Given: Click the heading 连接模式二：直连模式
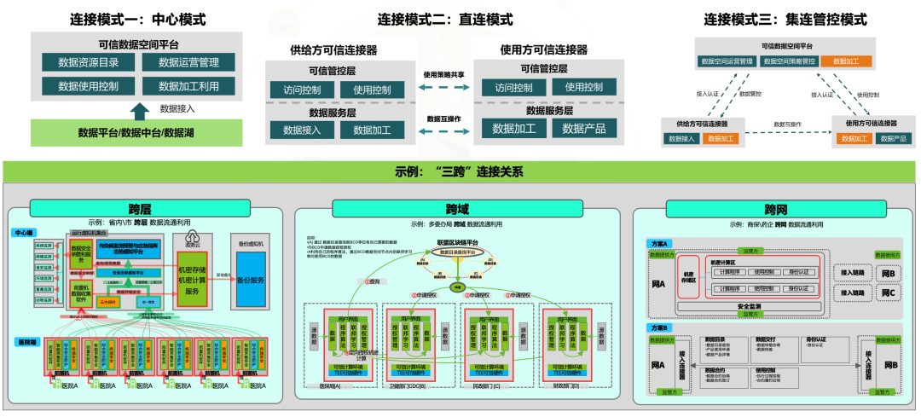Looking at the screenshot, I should [445, 19].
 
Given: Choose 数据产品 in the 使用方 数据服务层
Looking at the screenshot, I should [583, 129].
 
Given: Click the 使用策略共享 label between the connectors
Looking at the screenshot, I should [444, 75].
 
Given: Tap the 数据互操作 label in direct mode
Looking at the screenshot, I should [444, 119].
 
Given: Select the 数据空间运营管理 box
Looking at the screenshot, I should [727, 61].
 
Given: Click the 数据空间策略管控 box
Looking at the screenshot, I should [789, 61].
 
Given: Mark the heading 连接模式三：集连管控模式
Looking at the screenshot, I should [785, 19].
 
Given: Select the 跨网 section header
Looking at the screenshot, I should [775, 209].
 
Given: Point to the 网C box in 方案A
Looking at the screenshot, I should [889, 292].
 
